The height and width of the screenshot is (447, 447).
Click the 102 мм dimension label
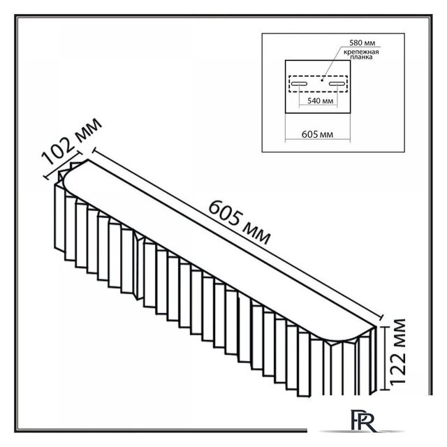click(x=71, y=142)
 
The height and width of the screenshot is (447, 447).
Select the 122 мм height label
click(x=397, y=352)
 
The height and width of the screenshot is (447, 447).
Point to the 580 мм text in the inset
click(x=362, y=43)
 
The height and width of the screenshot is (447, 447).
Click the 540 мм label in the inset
click(x=320, y=101)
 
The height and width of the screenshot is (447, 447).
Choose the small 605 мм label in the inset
click(x=317, y=134)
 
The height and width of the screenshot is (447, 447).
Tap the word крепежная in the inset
click(x=361, y=52)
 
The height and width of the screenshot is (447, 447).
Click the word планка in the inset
click(x=361, y=57)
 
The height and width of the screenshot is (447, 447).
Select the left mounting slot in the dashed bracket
click(x=298, y=84)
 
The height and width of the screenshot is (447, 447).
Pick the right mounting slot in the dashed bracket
click(x=337, y=84)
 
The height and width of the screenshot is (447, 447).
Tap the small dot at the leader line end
click(x=322, y=80)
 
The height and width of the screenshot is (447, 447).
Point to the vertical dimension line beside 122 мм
click(x=385, y=358)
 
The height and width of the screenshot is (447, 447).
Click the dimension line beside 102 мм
click(x=62, y=165)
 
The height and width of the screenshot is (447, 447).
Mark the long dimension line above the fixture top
click(x=237, y=233)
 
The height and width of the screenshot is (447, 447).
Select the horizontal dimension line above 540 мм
click(x=318, y=105)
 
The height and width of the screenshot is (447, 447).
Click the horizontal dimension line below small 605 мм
click(x=318, y=140)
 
